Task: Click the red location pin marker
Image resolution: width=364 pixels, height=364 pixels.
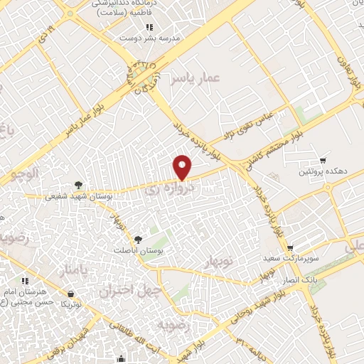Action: coord(183,167)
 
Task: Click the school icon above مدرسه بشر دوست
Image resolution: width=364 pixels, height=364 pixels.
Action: coord(149,27)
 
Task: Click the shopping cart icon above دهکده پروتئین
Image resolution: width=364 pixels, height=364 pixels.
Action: coord(323,161)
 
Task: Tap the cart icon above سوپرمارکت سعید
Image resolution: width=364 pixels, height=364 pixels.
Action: coord(291,248)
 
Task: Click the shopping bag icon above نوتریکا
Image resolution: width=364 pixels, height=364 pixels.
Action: coord(71,293)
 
